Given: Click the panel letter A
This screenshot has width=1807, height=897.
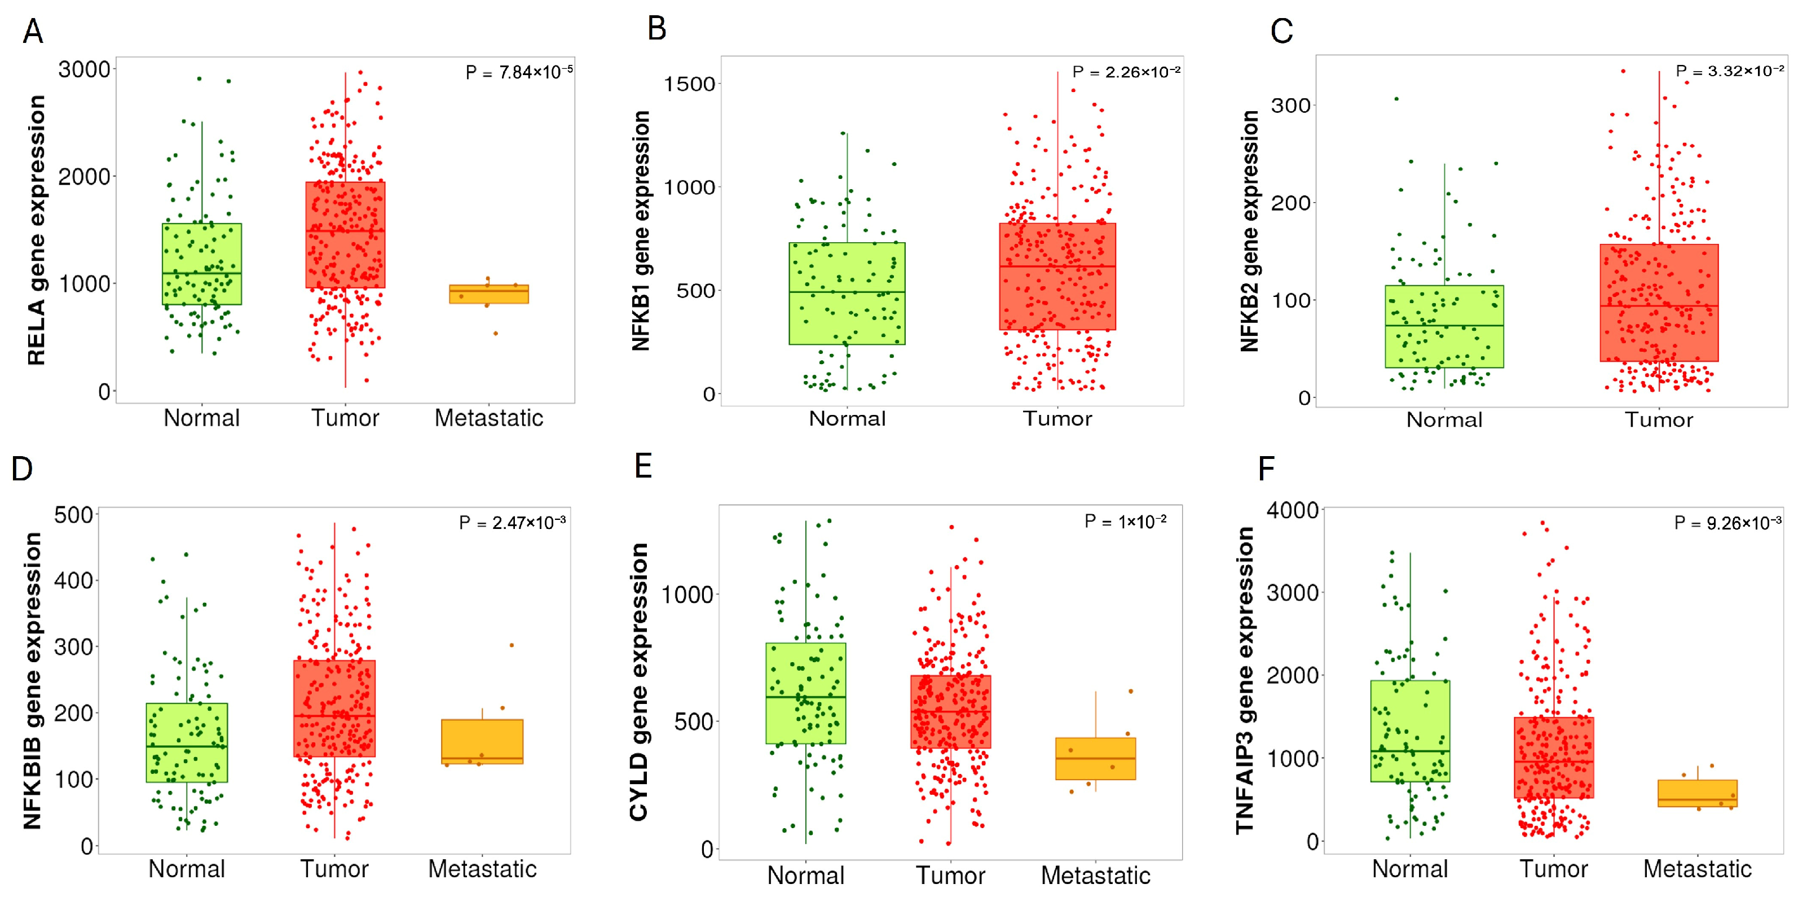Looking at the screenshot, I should (x=33, y=32).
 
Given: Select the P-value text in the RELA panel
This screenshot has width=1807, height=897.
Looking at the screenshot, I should (x=518, y=72).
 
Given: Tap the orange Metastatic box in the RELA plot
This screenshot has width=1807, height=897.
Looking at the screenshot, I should (x=489, y=294).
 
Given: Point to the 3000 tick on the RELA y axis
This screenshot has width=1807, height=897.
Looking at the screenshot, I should (x=84, y=69).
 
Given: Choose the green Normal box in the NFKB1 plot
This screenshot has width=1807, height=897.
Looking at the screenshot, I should (x=847, y=294).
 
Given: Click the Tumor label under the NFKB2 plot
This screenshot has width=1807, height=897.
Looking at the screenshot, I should (x=1658, y=420).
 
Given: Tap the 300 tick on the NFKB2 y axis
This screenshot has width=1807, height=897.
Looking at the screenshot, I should (x=1291, y=106).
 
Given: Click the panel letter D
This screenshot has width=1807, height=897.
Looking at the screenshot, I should (x=23, y=469).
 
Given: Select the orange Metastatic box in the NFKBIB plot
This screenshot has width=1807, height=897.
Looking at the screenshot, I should (x=482, y=741).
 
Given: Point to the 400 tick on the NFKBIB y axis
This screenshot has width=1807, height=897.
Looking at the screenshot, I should (x=74, y=580).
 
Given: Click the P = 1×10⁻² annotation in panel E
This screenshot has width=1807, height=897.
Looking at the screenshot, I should (x=1125, y=522).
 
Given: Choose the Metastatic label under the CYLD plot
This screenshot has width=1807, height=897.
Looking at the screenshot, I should (x=1095, y=875).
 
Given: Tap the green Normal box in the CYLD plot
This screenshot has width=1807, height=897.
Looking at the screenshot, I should (x=805, y=693).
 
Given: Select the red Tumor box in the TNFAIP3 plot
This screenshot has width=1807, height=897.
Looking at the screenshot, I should (x=1553, y=758).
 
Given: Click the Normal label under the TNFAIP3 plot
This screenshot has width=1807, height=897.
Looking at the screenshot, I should (x=1409, y=869).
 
